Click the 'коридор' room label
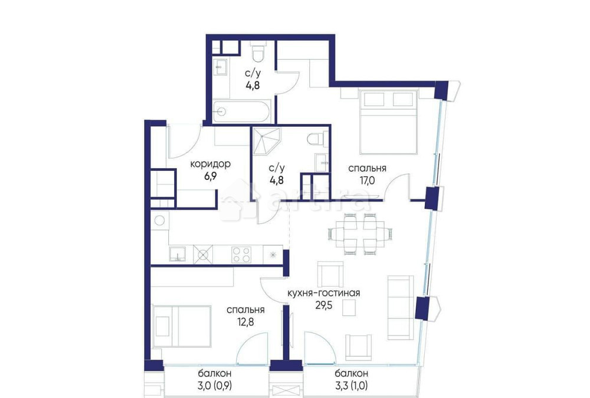click(210, 165)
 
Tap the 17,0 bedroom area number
click(367, 180)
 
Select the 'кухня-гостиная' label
click(323, 293)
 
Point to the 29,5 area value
click(324, 304)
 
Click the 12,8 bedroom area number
click(245, 321)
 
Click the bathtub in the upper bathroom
click(241, 111)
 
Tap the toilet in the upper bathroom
click(258, 53)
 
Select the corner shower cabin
click(267, 141)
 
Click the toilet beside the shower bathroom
click(315, 139)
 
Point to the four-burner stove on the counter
click(241, 254)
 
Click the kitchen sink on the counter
click(177, 254)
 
